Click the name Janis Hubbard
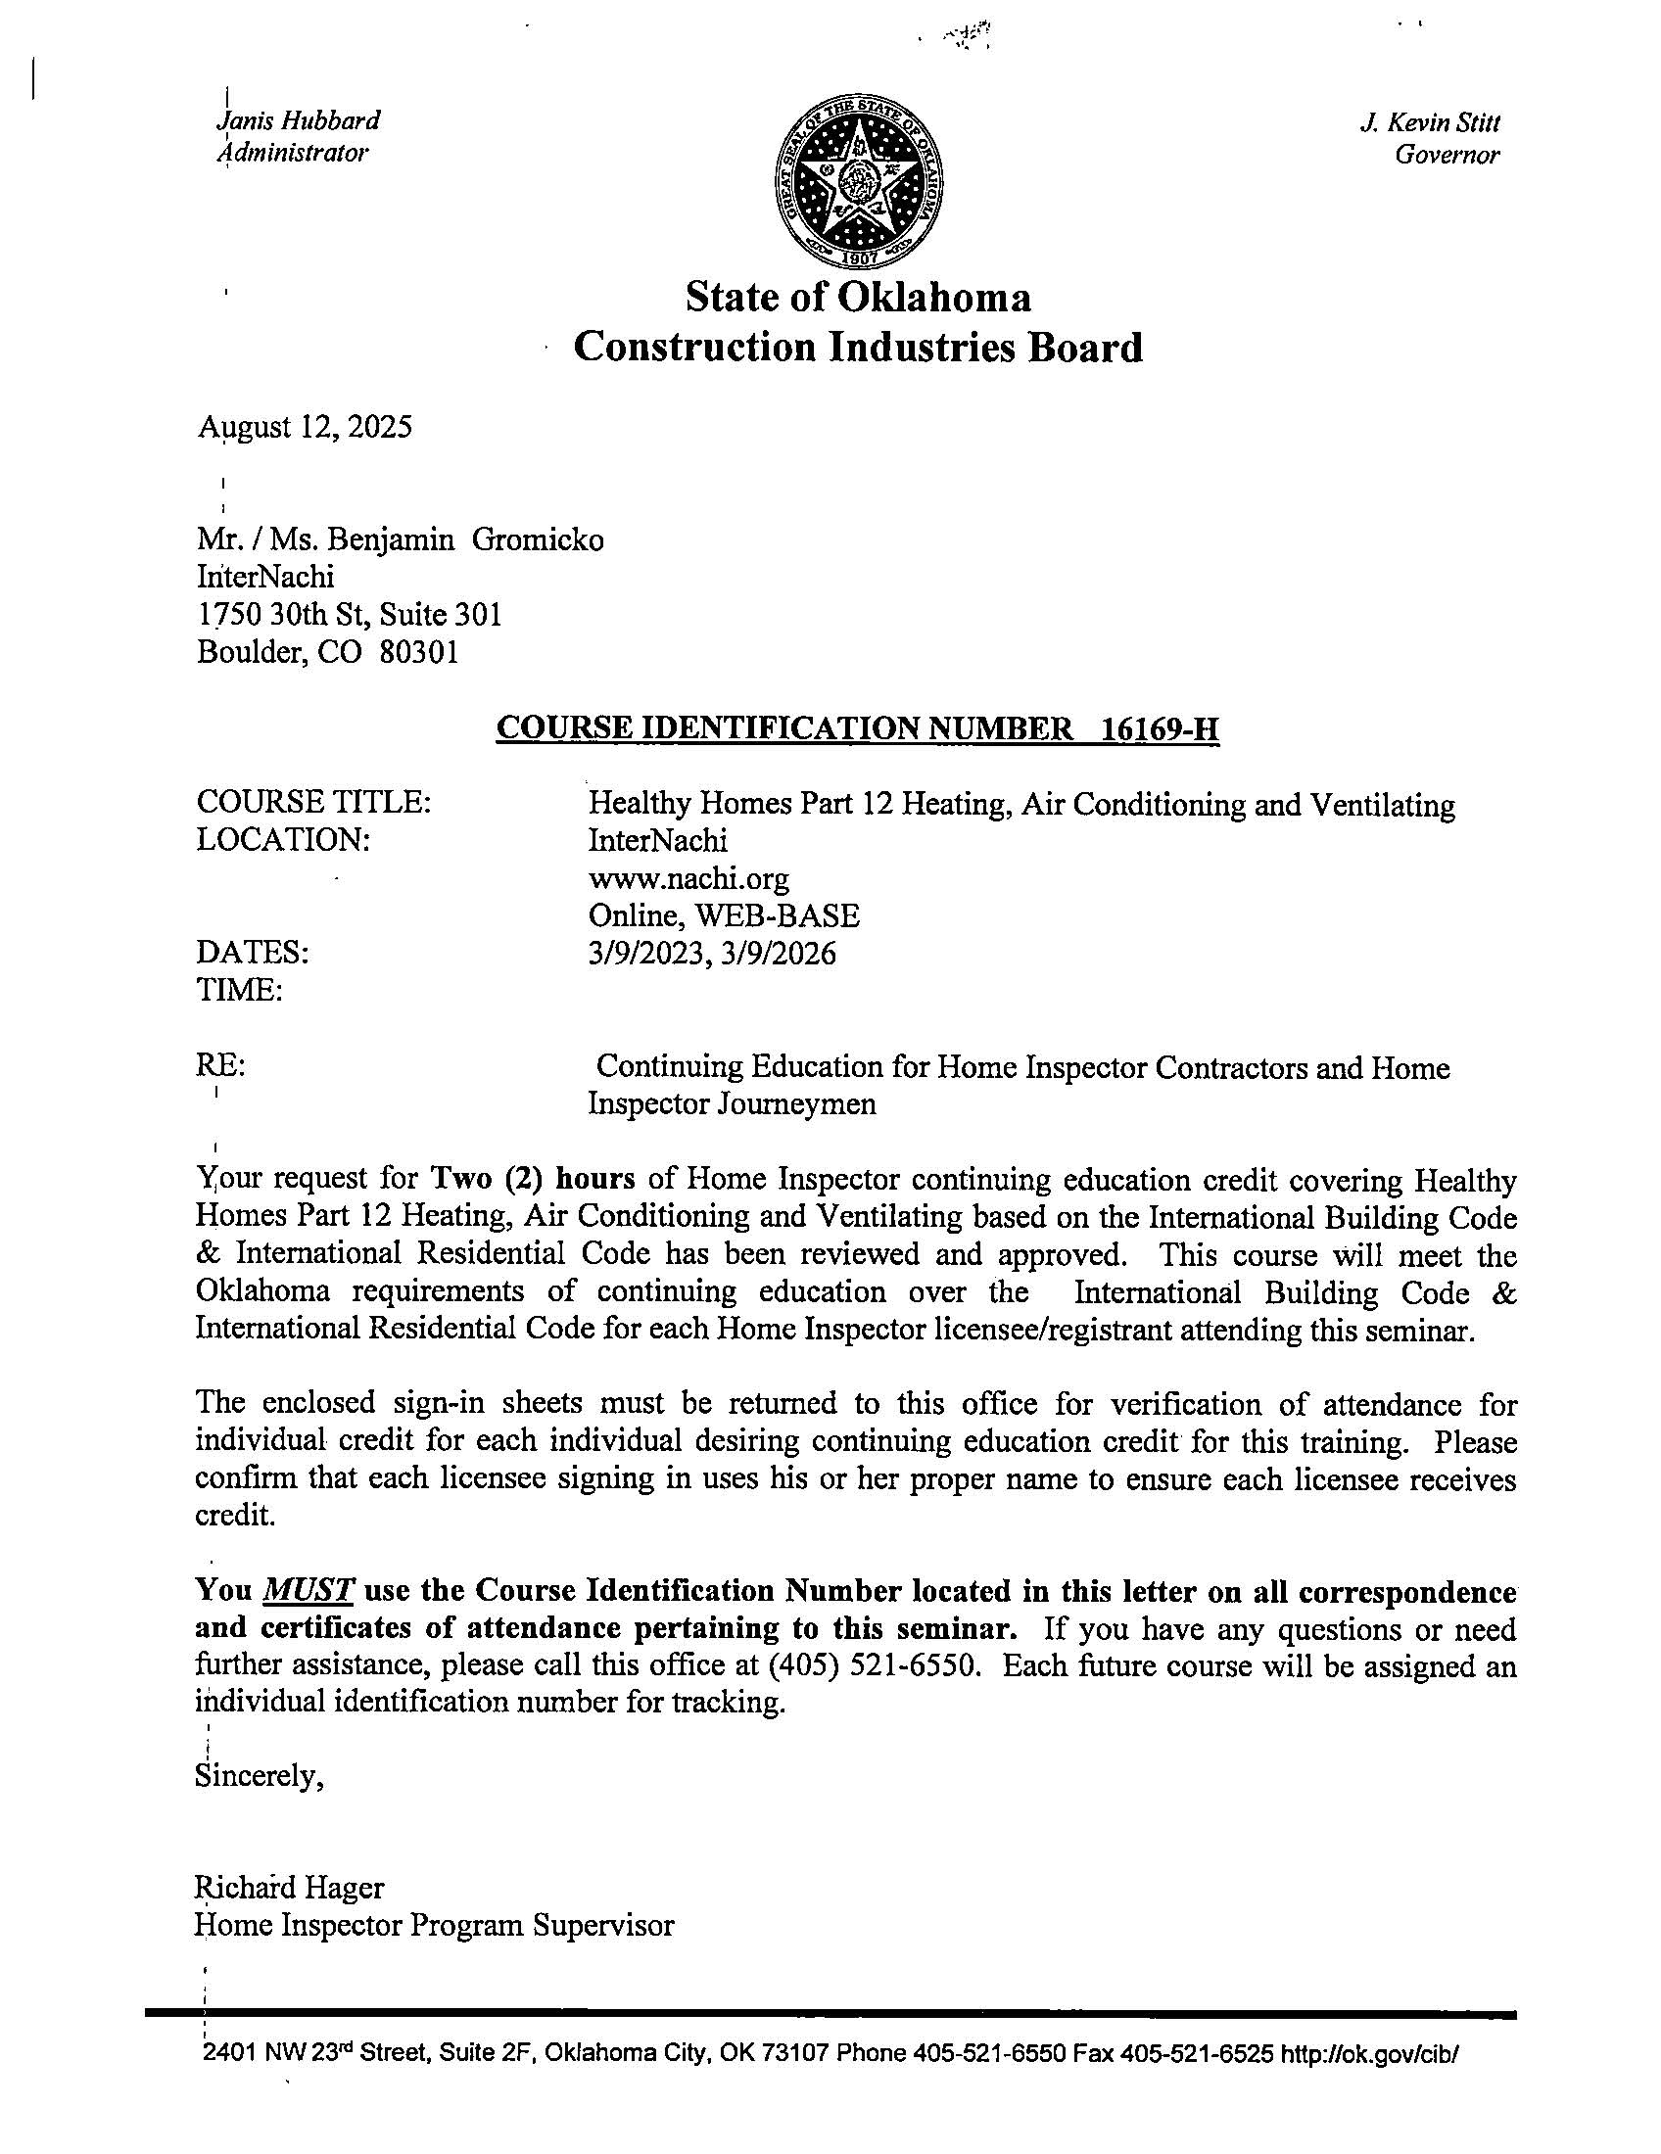tap(298, 121)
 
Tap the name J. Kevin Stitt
tap(1429, 123)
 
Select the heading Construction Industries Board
tap(857, 348)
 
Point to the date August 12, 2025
tap(305, 427)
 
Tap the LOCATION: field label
tap(283, 840)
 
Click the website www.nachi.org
tap(688, 878)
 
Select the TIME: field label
tap(240, 989)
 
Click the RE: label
tap(221, 1066)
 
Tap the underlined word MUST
tap(308, 1591)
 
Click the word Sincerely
tap(260, 1776)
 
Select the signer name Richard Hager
tap(290, 1888)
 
